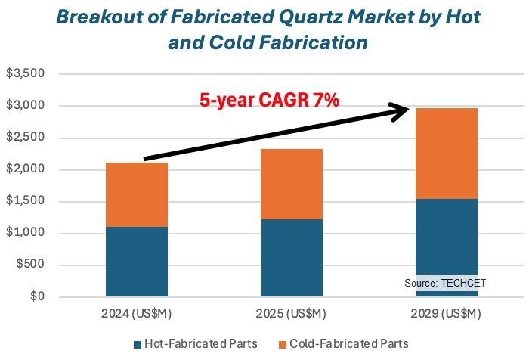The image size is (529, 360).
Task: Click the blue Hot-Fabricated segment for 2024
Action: point(137,261)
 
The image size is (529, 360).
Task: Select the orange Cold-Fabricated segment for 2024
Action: point(137,194)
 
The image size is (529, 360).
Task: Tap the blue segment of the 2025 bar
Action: point(292,257)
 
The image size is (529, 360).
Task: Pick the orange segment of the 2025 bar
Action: point(292,184)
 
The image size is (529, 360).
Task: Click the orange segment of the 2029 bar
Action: point(446,154)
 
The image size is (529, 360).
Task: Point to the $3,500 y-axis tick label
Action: point(26,74)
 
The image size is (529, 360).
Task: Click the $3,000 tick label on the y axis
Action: point(26,106)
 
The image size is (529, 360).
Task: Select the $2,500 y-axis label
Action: point(26,138)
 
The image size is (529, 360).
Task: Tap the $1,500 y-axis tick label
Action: point(26,201)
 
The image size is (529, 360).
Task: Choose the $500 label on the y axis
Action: point(29,265)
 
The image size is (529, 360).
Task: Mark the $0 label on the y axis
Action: point(36,296)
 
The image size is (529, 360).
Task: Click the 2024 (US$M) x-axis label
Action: point(137,313)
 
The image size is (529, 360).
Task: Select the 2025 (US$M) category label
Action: point(292,313)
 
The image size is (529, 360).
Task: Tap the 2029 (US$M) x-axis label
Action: point(446,313)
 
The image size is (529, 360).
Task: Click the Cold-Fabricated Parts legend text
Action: point(349,344)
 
